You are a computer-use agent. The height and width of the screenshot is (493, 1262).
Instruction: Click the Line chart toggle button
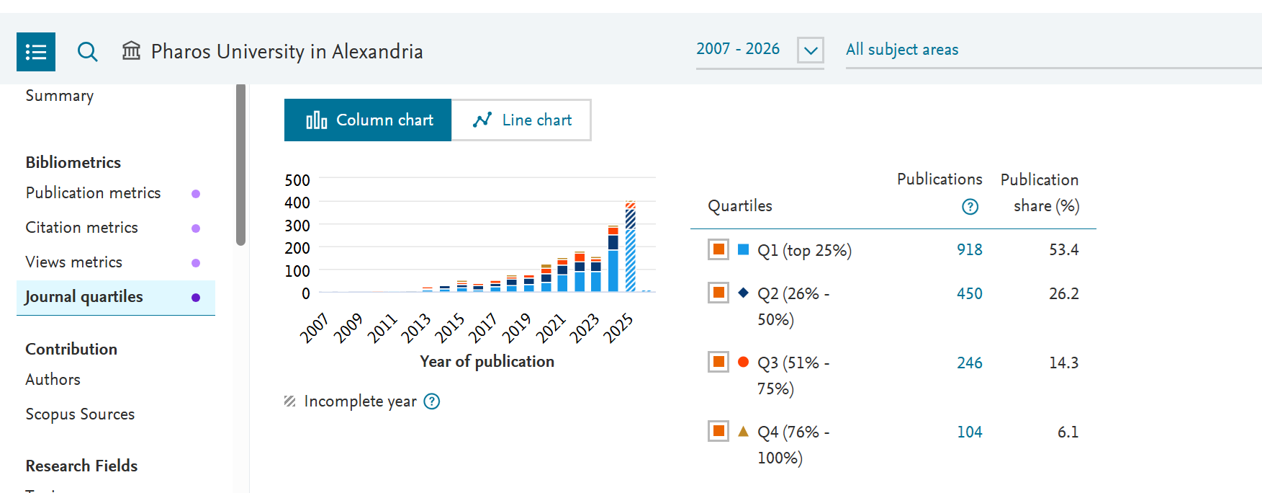tap(521, 120)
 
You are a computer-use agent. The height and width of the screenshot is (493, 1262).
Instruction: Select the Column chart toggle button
tap(368, 120)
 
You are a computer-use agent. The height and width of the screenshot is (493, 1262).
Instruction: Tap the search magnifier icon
tap(87, 51)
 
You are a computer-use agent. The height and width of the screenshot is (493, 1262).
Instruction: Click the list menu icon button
tap(36, 52)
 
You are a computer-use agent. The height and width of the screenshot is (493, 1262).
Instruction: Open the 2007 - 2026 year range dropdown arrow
tap(811, 50)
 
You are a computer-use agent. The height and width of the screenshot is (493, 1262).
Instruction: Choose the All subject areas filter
tap(902, 50)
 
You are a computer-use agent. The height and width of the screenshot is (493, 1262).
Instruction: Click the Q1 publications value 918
tap(969, 249)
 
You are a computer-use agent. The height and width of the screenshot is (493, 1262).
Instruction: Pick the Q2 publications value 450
tap(969, 293)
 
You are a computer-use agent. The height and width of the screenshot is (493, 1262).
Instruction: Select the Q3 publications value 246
tap(969, 363)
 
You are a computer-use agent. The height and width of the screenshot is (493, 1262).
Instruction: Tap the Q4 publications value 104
tap(969, 432)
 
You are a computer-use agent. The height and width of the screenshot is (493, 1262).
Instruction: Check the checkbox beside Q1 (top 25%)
tap(718, 249)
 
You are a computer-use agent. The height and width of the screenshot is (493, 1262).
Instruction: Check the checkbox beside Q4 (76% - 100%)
tap(718, 431)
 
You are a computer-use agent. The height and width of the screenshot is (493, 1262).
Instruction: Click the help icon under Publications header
tap(970, 207)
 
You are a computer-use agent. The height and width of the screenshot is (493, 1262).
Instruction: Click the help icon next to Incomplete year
tap(432, 401)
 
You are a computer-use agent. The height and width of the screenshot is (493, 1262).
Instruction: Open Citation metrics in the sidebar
tap(81, 228)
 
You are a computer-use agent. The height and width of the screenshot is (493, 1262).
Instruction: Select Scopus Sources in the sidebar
tap(80, 414)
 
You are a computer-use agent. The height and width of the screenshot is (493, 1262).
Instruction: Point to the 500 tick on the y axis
tap(297, 180)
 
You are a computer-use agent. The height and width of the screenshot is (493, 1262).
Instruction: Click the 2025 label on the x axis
tap(618, 328)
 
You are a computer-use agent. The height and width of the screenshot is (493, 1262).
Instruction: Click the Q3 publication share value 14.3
tap(1063, 363)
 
